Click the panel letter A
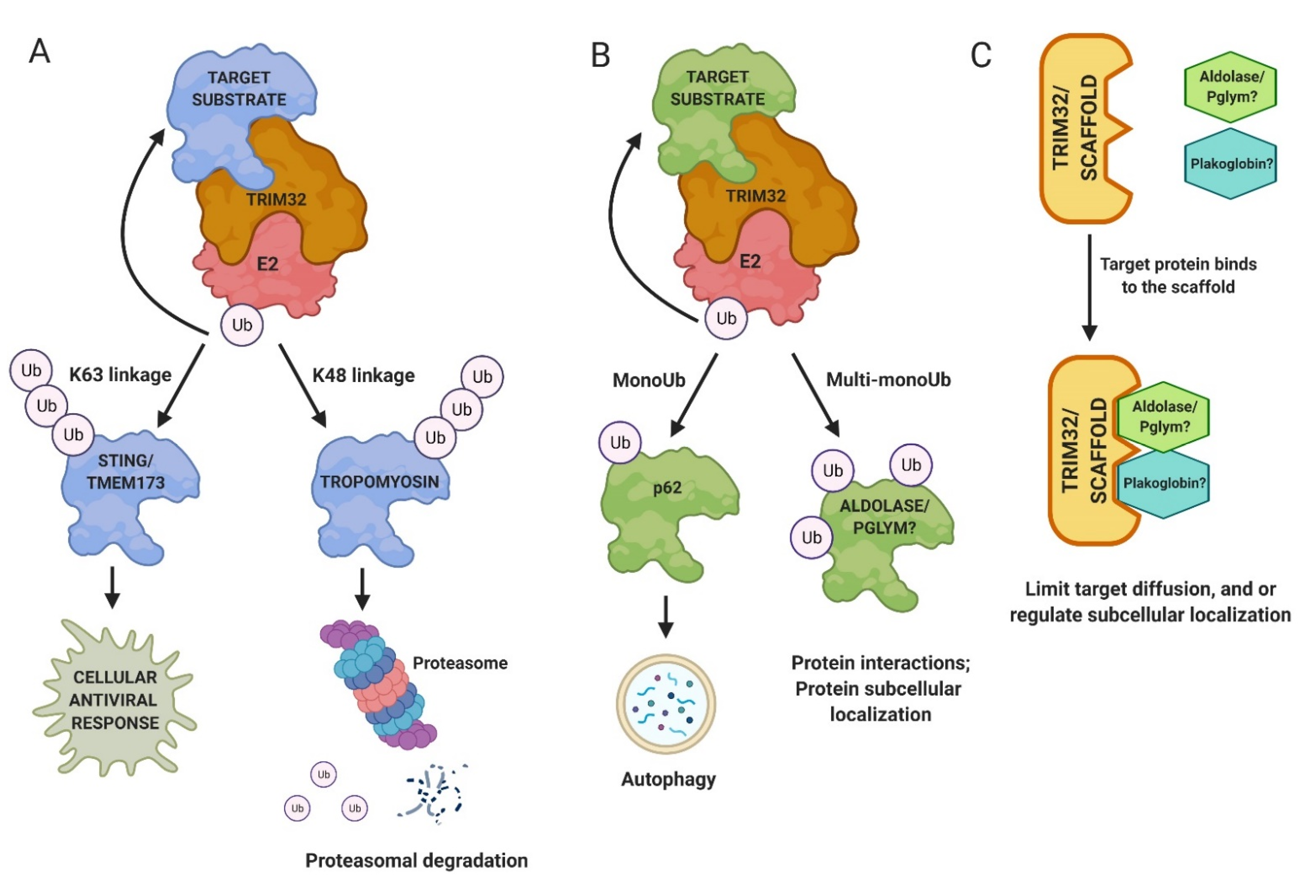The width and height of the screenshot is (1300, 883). click(x=39, y=52)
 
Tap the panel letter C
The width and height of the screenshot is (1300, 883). click(x=980, y=55)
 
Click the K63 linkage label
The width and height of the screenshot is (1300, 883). click(x=120, y=375)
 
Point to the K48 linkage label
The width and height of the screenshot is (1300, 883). click(x=364, y=376)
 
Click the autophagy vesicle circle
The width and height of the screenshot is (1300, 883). click(x=666, y=704)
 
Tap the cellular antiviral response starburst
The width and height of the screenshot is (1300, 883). click(x=115, y=700)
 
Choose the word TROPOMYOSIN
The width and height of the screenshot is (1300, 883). click(x=380, y=482)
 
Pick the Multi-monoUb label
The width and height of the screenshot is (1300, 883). click(x=888, y=380)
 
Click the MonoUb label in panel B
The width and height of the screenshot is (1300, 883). click(x=649, y=381)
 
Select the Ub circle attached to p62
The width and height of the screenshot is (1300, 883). click(x=620, y=443)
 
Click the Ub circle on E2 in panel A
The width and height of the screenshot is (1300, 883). click(x=242, y=325)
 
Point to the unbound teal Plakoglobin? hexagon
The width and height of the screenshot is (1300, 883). click(x=1231, y=163)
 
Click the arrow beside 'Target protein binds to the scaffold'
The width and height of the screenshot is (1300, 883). click(x=1089, y=287)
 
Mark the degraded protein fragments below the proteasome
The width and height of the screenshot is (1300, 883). click(x=433, y=793)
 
